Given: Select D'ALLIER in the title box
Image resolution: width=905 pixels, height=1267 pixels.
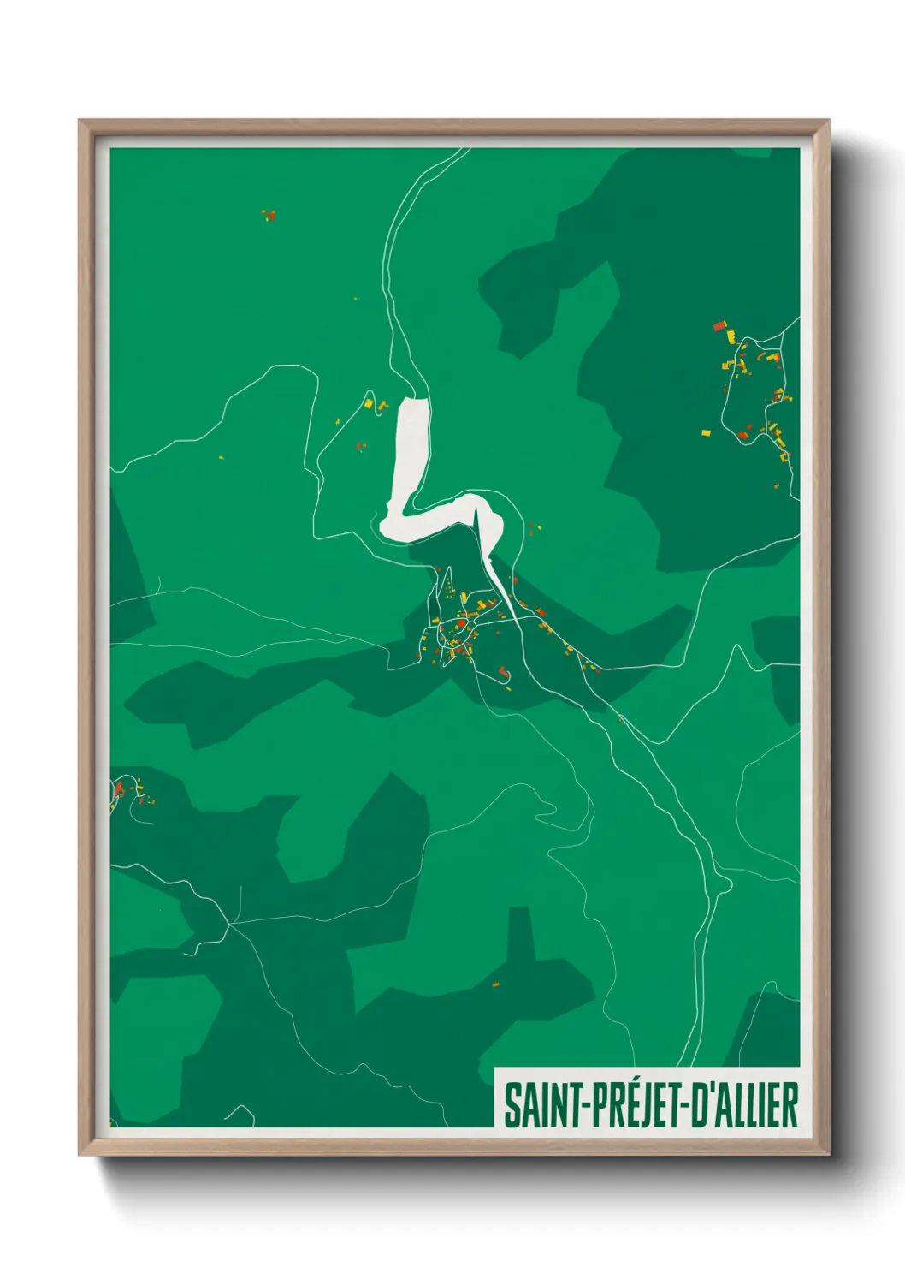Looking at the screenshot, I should (744, 1105).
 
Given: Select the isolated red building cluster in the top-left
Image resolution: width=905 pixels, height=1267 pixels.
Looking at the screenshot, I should (269, 214).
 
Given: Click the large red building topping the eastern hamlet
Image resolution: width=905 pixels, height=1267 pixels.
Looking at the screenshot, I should (719, 325).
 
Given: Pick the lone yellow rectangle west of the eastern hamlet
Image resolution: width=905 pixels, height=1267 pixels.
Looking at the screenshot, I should (706, 432).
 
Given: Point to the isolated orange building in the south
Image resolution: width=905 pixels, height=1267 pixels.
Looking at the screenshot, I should (495, 985).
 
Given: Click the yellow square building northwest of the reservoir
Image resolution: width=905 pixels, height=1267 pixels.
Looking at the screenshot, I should (369, 402).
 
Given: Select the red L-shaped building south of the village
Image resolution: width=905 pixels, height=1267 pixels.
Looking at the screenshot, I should (504, 671).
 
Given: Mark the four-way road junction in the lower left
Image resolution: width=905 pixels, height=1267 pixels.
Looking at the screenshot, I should (229, 924).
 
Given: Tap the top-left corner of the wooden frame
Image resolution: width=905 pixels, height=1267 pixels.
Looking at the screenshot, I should (80, 121).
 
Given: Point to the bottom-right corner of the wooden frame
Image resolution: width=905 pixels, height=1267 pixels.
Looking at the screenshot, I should (829, 1154).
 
